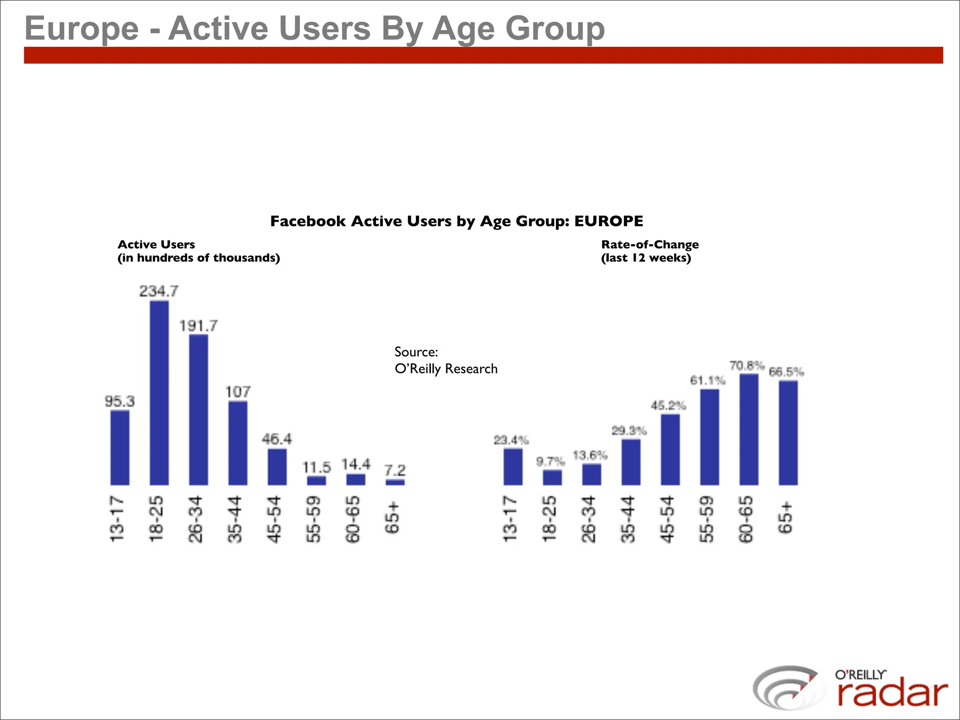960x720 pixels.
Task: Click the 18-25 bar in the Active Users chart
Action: tap(159, 393)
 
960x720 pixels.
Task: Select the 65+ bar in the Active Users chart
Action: tap(395, 482)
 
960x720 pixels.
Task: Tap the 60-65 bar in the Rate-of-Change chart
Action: tap(749, 429)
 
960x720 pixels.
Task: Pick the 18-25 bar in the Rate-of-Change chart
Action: tap(552, 477)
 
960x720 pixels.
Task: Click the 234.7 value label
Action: tap(159, 291)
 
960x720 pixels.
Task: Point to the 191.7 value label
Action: tap(198, 325)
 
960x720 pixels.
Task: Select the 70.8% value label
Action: tap(747, 365)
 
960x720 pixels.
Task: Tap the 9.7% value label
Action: tap(550, 462)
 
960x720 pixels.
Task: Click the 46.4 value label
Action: tap(277, 439)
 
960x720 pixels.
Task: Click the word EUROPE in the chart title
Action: tap(608, 221)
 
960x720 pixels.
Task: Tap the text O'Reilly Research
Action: tap(446, 369)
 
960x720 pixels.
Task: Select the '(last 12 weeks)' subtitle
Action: tap(646, 258)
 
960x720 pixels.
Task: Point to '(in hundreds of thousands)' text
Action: tap(198, 258)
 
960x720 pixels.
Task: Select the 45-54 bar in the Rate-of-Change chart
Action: tap(670, 450)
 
